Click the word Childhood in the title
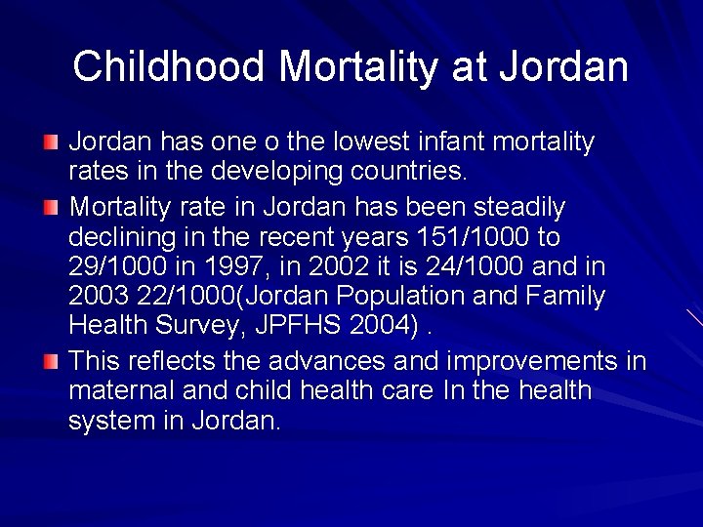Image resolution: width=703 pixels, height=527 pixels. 169,67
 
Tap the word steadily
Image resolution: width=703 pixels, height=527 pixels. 519,208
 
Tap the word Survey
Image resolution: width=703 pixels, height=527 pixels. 187,325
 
